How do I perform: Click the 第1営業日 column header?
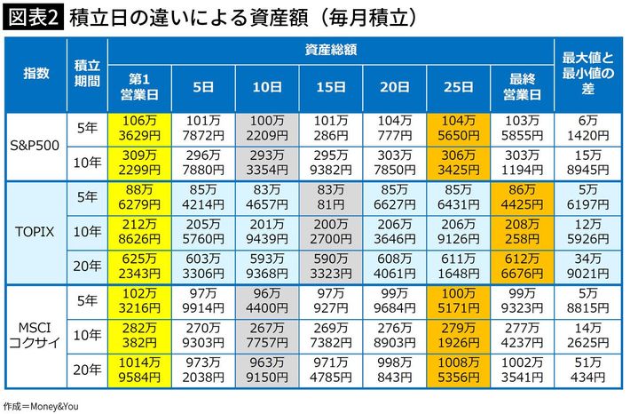(139, 86)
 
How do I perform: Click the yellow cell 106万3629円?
(139, 128)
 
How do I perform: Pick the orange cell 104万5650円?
(458, 128)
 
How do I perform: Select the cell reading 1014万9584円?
(139, 371)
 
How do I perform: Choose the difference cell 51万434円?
(588, 371)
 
